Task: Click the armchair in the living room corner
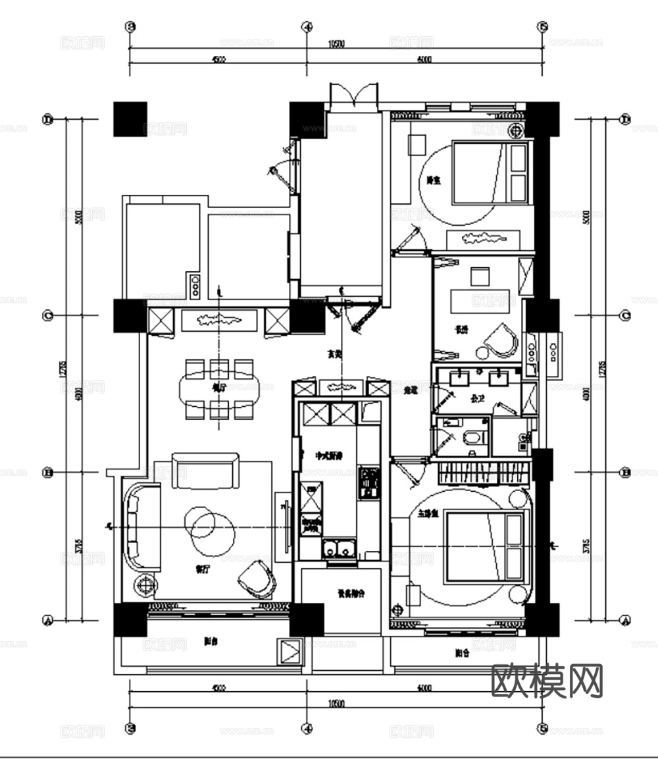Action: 257,579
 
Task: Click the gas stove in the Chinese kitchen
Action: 369,482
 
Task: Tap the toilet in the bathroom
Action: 472,438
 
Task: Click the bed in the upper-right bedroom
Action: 490,172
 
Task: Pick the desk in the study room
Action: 480,301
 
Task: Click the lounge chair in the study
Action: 501,338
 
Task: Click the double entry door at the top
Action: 355,96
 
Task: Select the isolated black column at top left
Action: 130,119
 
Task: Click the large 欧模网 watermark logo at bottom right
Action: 547,681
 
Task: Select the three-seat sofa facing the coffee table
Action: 205,471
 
